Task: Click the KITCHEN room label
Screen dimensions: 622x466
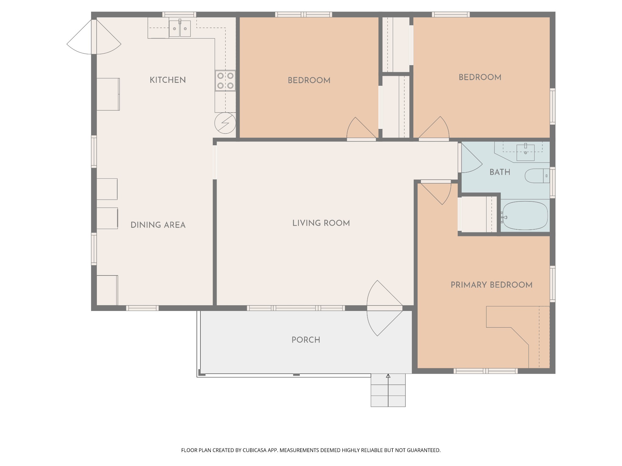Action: pos(168,80)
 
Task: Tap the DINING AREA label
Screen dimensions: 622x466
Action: pos(158,225)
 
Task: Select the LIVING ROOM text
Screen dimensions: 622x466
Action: pos(321,223)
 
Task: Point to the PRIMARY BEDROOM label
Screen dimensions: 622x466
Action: pos(491,285)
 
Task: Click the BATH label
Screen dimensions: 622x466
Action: pos(500,172)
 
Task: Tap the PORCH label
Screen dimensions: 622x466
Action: pos(306,340)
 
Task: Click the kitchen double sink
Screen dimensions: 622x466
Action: pos(180,28)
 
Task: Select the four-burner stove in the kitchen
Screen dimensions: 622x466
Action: pos(225,80)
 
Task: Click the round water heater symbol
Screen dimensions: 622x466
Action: pos(225,123)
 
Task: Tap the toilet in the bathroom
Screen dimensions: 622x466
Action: pos(537,176)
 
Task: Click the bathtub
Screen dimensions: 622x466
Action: pos(525,216)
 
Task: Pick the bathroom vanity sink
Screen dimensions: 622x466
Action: pos(525,152)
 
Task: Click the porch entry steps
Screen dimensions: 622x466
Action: pos(388,390)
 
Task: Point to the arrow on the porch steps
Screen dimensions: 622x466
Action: pos(388,390)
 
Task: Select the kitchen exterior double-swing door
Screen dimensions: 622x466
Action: pos(94,37)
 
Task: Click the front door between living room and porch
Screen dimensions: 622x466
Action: pos(384,308)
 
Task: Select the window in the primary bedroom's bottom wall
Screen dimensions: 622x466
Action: pos(486,371)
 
